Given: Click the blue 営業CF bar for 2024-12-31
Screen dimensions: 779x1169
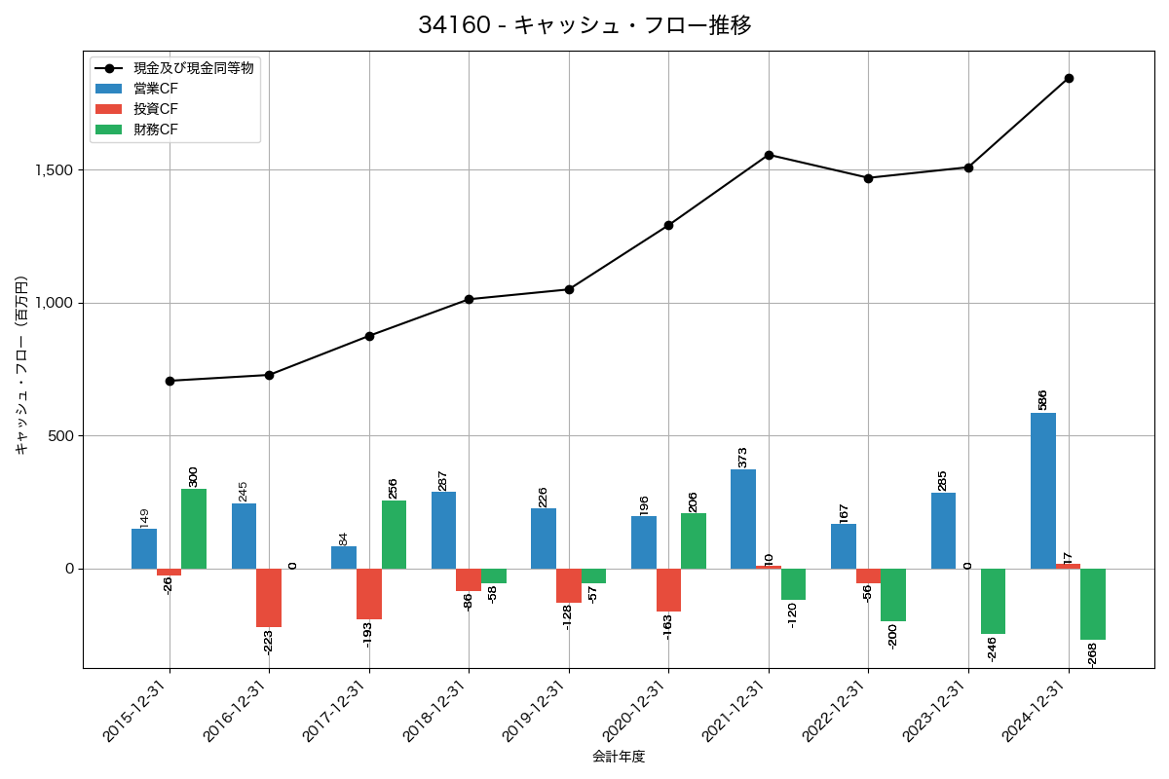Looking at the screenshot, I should tap(1043, 491).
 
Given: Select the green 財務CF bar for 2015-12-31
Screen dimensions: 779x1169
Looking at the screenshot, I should tap(194, 529).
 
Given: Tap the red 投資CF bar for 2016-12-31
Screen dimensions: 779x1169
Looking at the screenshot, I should tap(269, 598).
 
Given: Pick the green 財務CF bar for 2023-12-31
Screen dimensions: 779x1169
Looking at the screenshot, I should tap(993, 601).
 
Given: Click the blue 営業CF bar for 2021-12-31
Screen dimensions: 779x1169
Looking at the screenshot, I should tap(743, 519).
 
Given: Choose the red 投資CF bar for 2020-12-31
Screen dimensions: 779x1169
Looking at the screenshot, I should tap(668, 590).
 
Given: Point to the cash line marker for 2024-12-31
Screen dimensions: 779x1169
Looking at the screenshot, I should tap(1069, 78).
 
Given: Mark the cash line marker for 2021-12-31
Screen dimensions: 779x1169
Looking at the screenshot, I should tap(769, 155).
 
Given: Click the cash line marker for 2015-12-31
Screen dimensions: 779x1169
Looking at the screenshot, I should tap(170, 381).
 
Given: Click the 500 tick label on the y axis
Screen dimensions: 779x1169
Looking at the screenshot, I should tap(61, 436).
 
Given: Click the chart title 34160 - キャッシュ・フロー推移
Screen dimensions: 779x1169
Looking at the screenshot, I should tap(584, 25).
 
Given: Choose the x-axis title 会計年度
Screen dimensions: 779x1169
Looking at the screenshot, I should tap(619, 757).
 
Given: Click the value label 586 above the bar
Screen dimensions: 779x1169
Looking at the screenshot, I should tap(1042, 399).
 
